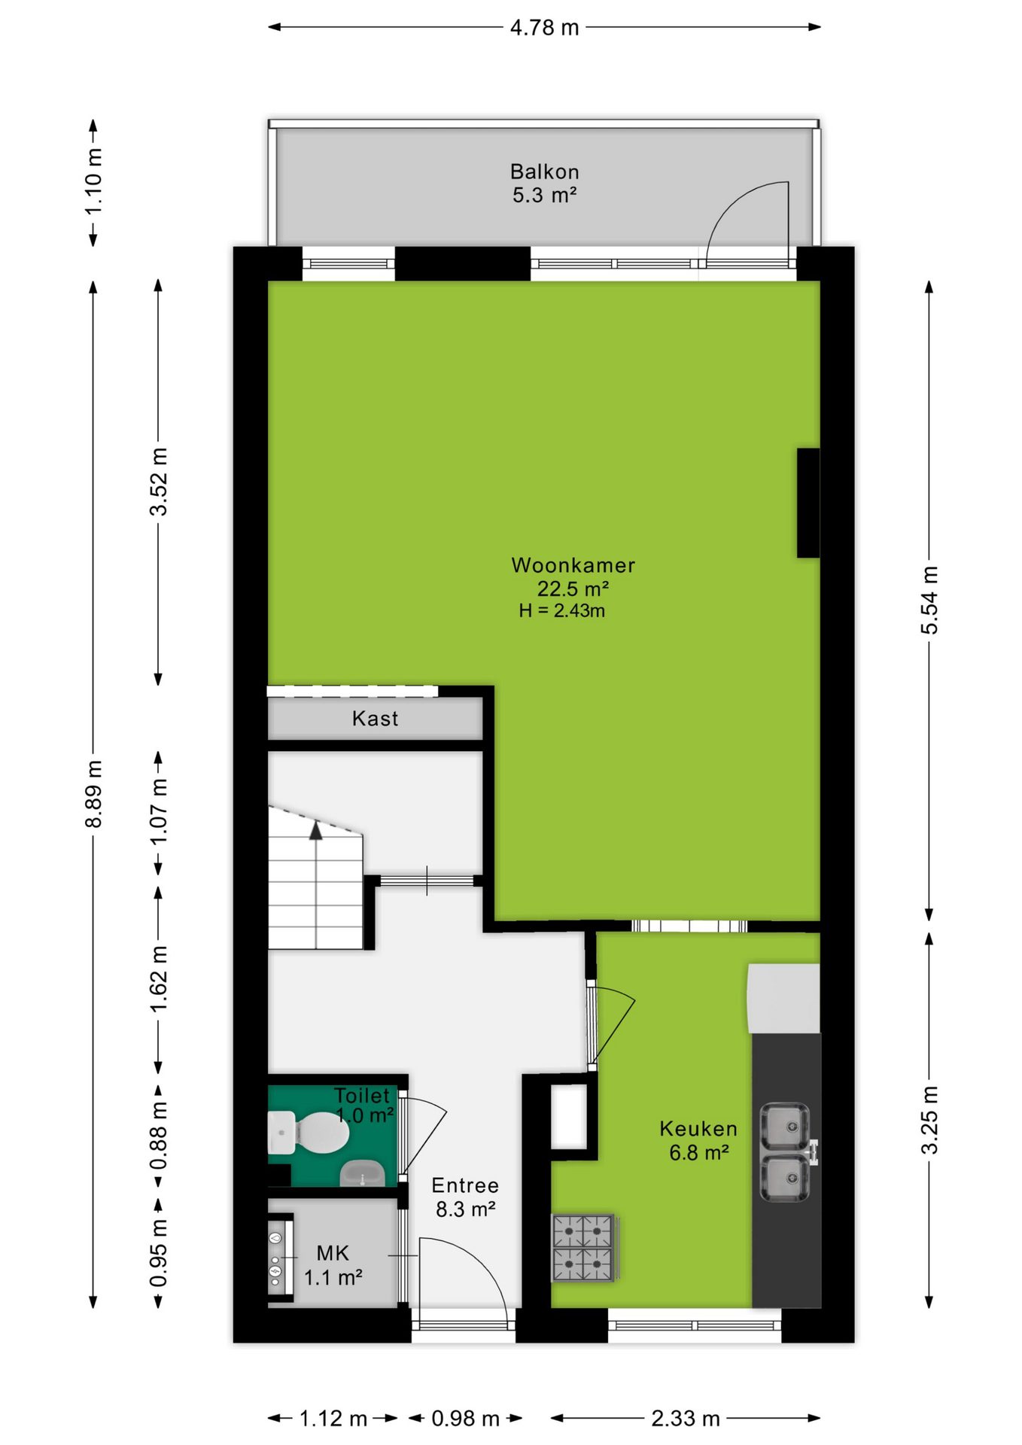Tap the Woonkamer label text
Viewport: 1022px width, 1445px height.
pyautogui.click(x=573, y=565)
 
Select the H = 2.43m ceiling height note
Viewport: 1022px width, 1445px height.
pyautogui.click(x=561, y=610)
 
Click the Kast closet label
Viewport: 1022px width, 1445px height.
pyautogui.click(x=375, y=719)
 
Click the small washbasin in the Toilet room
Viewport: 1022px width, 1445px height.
pyautogui.click(x=362, y=1173)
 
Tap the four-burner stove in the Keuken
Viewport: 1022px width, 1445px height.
pyautogui.click(x=584, y=1247)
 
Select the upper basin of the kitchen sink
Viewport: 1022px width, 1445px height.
pyautogui.click(x=785, y=1127)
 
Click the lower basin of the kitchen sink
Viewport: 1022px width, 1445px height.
pyautogui.click(x=785, y=1178)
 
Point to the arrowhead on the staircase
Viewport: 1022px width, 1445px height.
pyautogui.click(x=316, y=830)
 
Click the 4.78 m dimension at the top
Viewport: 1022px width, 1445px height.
pyautogui.click(x=544, y=28)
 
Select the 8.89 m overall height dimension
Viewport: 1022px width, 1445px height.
pyautogui.click(x=93, y=793)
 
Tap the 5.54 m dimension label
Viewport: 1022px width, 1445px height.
pyautogui.click(x=929, y=600)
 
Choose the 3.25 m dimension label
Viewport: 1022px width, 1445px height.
pyautogui.click(x=929, y=1120)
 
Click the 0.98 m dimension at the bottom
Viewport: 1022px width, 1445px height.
pyautogui.click(x=465, y=1419)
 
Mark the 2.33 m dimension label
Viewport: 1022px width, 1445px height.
pyautogui.click(x=685, y=1419)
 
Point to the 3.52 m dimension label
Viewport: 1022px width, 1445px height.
pyautogui.click(x=158, y=482)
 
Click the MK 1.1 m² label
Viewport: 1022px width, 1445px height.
pyautogui.click(x=333, y=1265)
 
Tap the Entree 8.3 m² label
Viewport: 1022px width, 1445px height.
pyautogui.click(x=465, y=1197)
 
